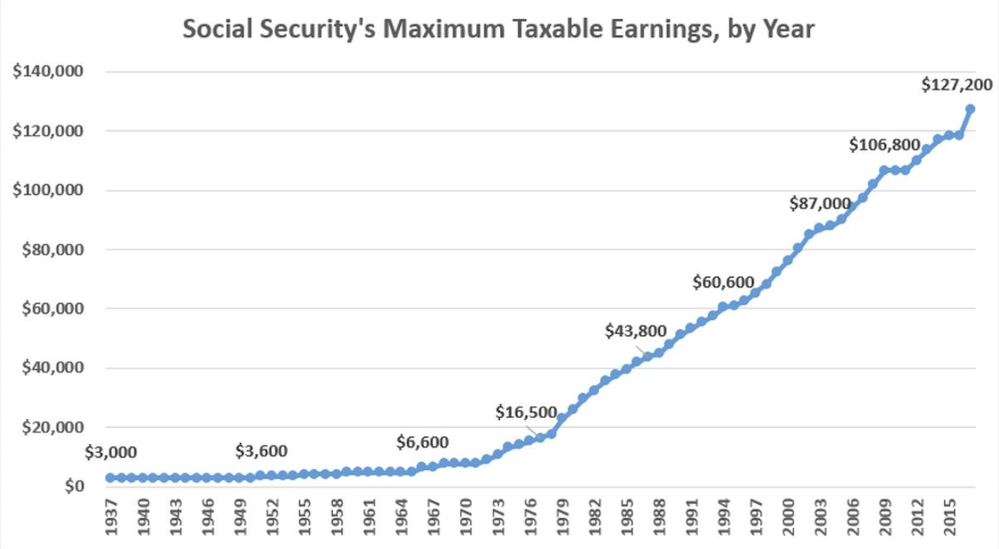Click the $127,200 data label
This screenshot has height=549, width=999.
click(956, 85)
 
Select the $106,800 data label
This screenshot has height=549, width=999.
click(885, 145)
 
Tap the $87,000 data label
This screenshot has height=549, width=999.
click(819, 203)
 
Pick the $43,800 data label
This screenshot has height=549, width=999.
click(635, 331)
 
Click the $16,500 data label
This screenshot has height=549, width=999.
click(527, 413)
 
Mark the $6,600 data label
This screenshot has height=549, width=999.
click(423, 442)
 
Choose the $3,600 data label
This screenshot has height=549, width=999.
click(261, 452)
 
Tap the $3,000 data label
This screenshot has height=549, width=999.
click(111, 452)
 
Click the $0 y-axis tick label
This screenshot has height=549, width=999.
click(71, 487)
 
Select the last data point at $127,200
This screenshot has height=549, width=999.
click(970, 109)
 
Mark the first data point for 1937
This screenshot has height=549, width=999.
click(110, 477)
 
